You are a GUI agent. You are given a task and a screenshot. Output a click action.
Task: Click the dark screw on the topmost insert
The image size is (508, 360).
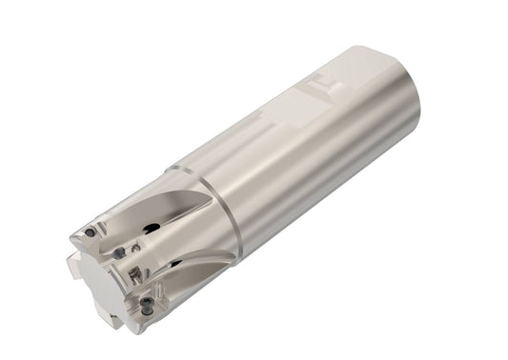[90, 232]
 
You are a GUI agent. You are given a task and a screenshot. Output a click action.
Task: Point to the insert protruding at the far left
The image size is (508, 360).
[74, 268]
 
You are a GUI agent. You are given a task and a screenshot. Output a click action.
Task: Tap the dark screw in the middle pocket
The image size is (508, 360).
[119, 253]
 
